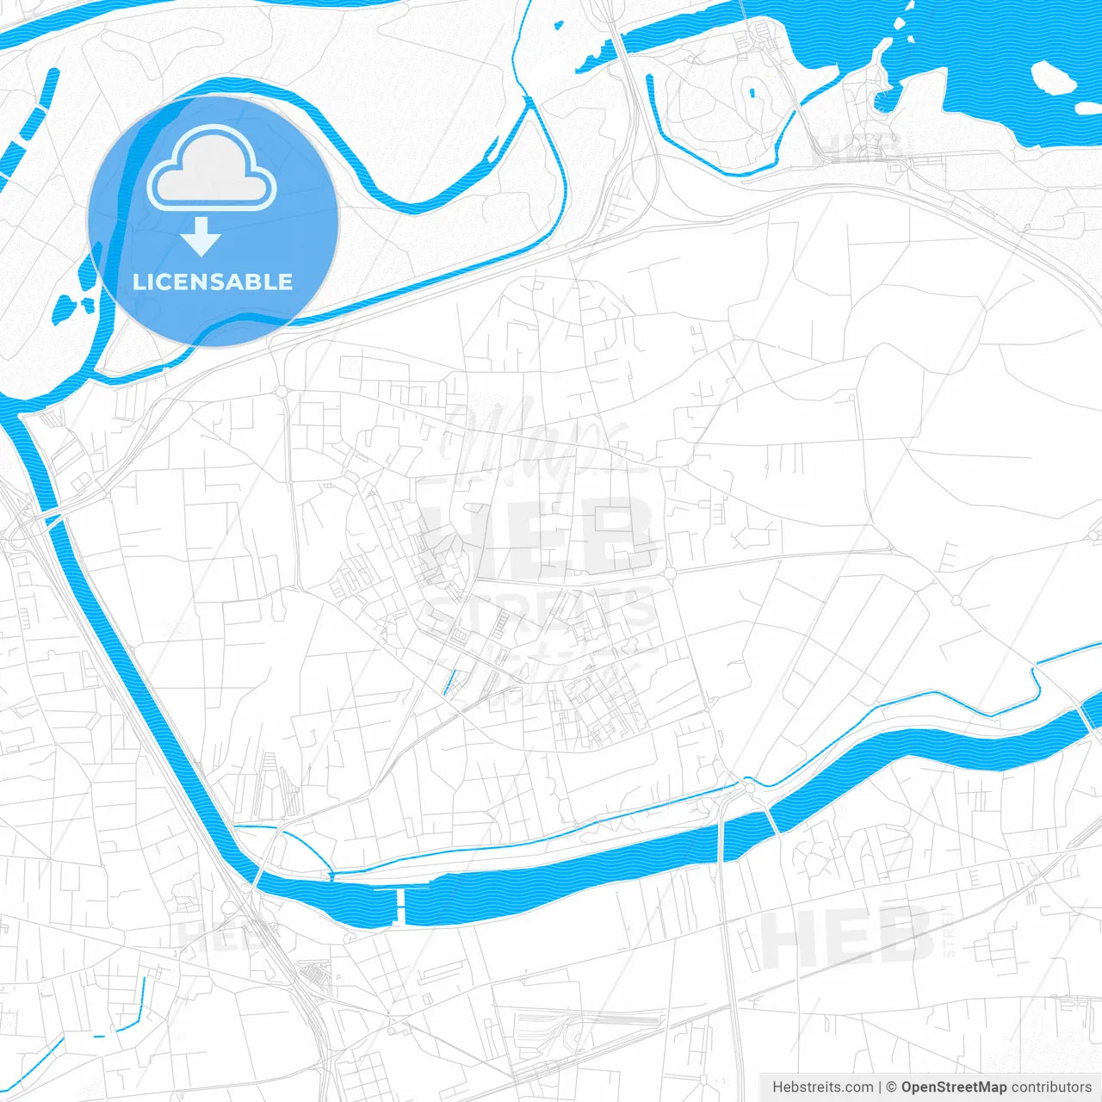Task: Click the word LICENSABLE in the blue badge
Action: tap(213, 282)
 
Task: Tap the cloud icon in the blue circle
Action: tap(212, 169)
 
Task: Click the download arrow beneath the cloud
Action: tap(201, 237)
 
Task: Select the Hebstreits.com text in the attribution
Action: tap(823, 1087)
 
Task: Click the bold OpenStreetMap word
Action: tap(953, 1087)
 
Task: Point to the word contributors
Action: tap(1050, 1087)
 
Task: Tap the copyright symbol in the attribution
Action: tap(891, 1087)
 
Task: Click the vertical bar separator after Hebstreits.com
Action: tap(879, 1087)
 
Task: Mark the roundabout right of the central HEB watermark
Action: tap(669, 573)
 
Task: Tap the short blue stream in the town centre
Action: tap(449, 683)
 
